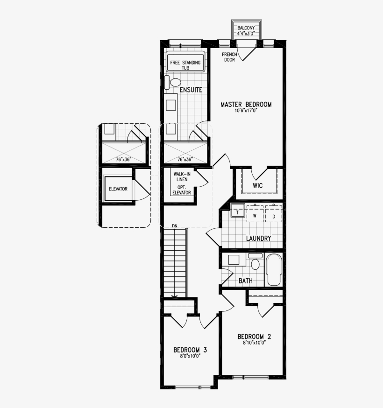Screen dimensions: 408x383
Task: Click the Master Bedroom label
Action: (x=246, y=105)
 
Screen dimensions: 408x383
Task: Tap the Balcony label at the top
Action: (x=246, y=28)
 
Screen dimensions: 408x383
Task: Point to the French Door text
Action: (x=229, y=57)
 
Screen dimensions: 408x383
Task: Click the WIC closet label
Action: (x=257, y=186)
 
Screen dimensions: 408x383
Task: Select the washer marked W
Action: (x=255, y=216)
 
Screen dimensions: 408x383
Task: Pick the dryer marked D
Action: (x=274, y=216)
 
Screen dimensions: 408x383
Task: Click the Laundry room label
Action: (x=258, y=239)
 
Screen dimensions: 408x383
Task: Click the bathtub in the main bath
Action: (x=273, y=270)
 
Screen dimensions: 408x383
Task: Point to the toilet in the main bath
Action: (x=255, y=265)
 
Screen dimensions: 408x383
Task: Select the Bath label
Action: (x=246, y=281)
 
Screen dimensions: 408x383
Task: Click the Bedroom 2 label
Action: (x=254, y=337)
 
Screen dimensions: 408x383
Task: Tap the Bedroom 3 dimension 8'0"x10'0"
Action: (x=190, y=356)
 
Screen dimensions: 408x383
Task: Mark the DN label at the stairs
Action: (x=175, y=226)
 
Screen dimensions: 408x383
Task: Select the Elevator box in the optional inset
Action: (x=118, y=189)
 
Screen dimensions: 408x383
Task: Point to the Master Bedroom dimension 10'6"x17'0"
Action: (x=246, y=111)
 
